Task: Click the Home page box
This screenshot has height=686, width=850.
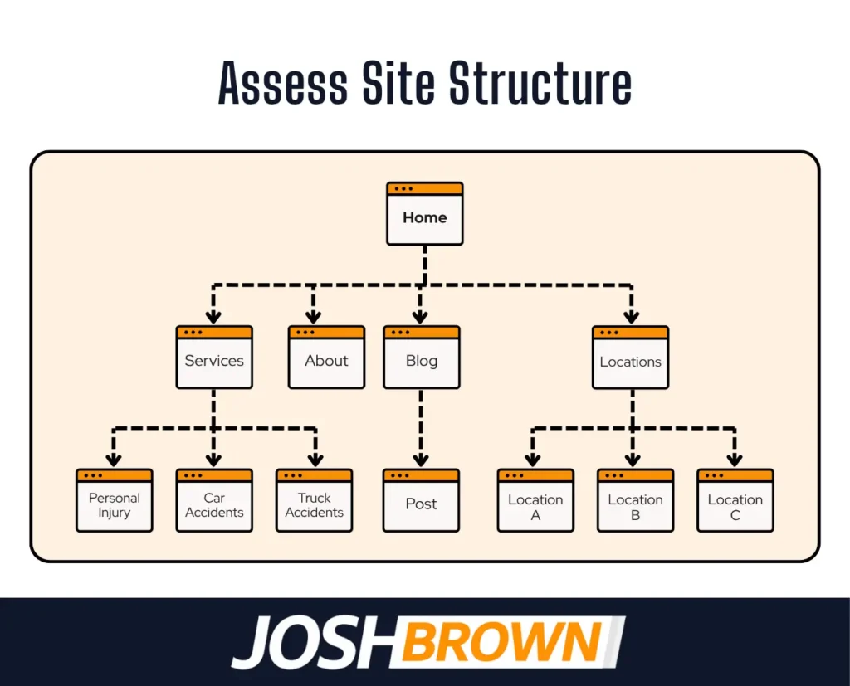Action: (x=424, y=217)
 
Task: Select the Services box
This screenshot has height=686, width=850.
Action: (x=214, y=361)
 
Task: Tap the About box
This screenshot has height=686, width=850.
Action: (x=326, y=361)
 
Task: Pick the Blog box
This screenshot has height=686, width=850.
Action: (x=421, y=361)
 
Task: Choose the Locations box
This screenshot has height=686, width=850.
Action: (x=630, y=362)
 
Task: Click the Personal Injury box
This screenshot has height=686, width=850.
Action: (x=115, y=505)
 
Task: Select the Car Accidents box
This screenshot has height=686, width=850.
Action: (x=214, y=505)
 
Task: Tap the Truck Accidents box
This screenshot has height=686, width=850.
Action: (x=314, y=505)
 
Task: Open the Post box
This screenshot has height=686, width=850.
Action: (x=421, y=504)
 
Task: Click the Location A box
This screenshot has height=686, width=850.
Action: (x=535, y=506)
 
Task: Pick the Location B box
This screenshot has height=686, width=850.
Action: (x=635, y=506)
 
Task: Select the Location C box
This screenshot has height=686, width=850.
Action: (x=735, y=506)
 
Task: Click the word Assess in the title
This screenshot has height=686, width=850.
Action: (x=283, y=84)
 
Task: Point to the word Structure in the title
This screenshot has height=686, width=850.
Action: (x=540, y=84)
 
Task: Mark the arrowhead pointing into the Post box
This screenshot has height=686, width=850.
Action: (x=421, y=459)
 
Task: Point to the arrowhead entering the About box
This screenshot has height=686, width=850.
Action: (x=313, y=316)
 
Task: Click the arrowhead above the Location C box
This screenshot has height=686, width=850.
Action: (x=735, y=459)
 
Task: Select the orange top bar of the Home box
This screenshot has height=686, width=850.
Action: (x=424, y=188)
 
